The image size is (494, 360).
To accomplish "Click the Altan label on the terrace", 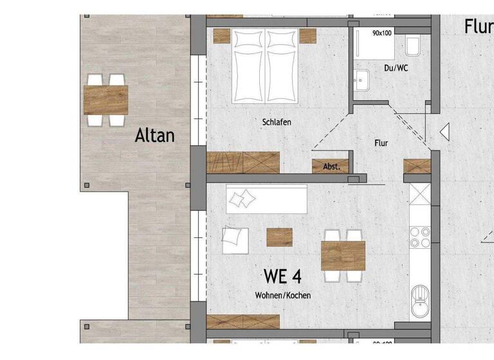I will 154,136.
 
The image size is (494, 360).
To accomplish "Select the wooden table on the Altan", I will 105,100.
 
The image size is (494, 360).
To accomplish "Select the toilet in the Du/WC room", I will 413,46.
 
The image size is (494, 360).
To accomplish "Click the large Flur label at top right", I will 479,26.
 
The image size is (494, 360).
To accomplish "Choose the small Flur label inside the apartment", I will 382,143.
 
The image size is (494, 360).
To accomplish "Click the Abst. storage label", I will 331,166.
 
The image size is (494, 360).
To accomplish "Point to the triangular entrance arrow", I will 443,132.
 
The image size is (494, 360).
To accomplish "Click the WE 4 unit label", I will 282,276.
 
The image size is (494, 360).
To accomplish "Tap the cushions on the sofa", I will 242,200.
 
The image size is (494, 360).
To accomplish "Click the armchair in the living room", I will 235,240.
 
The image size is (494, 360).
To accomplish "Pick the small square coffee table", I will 279,237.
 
